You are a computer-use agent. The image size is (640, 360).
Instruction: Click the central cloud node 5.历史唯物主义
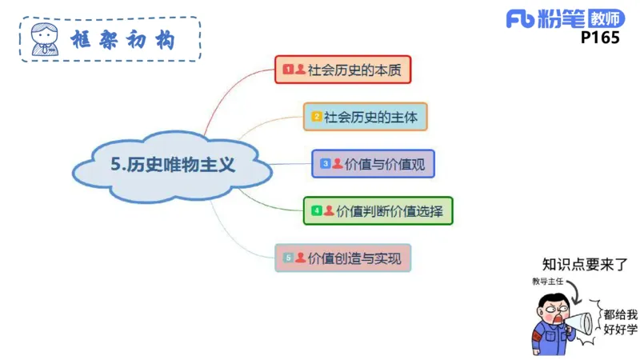click(173, 166)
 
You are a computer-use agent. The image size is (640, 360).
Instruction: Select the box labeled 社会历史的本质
click(343, 70)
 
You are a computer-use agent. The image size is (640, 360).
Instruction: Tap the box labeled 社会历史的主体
click(366, 117)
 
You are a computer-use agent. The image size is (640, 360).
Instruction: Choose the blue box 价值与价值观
click(374, 163)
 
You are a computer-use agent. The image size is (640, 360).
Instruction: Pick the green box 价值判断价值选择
click(378, 211)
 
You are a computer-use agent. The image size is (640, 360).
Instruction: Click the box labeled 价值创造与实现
click(343, 258)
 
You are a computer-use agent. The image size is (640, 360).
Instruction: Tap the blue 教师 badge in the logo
click(605, 18)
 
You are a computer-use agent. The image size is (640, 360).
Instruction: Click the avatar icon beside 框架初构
click(44, 38)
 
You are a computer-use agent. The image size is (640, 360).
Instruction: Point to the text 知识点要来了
click(584, 264)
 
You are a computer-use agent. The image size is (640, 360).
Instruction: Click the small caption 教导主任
click(548, 282)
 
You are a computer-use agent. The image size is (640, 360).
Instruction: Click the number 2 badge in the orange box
click(317, 117)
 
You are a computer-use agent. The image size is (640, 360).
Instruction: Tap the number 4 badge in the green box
click(317, 211)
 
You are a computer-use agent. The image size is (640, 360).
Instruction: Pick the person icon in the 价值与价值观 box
click(338, 163)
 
